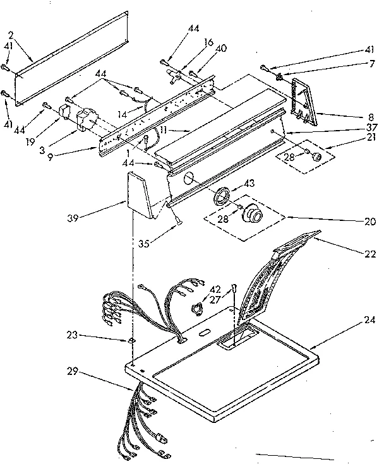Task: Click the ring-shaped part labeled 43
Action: [221, 195]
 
